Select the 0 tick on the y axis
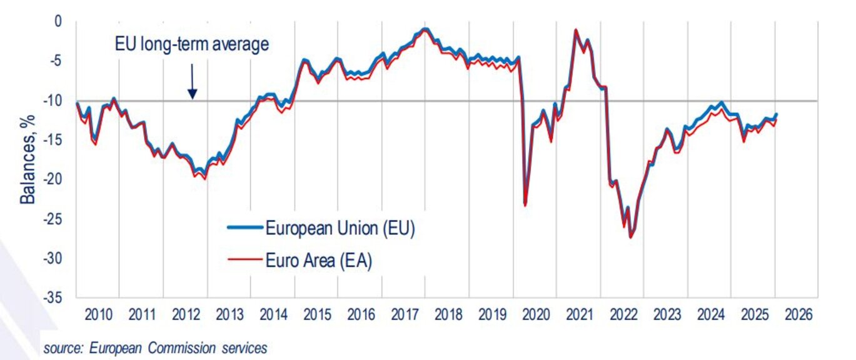coord(59,22)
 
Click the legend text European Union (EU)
coord(340,228)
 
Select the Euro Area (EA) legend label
coord(319,261)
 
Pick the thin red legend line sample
coord(244,262)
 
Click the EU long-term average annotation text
coord(192,44)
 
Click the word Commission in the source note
coord(177,348)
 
